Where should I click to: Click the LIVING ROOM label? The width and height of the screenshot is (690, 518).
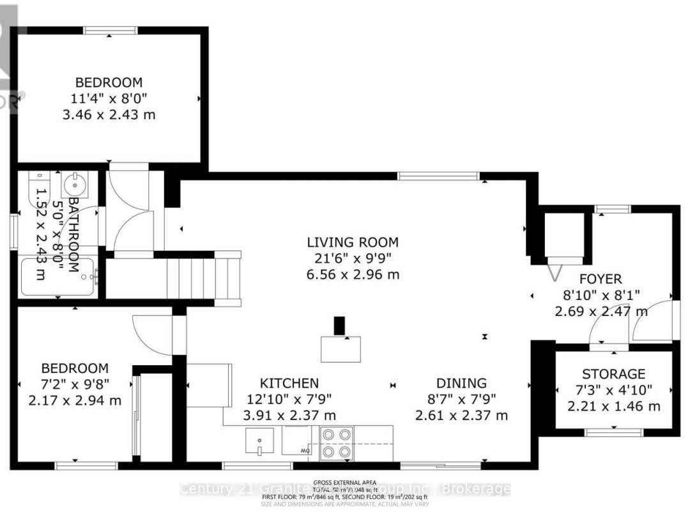click(x=353, y=242)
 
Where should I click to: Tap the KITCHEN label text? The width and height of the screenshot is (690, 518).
click(x=289, y=383)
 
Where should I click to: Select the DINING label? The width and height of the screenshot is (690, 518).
click(x=461, y=383)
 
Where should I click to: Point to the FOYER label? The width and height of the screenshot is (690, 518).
click(x=600, y=279)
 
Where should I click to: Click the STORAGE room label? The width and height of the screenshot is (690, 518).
click(x=613, y=374)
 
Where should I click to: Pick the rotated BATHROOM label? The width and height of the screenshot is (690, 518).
click(x=73, y=234)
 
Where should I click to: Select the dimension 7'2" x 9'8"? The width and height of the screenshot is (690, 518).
click(x=75, y=384)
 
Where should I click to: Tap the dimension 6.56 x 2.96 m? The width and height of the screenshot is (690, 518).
click(x=353, y=275)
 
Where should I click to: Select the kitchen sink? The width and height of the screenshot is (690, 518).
click(x=259, y=441)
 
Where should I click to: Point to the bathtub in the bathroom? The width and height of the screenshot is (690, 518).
click(x=60, y=277)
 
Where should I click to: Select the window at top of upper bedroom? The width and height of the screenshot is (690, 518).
click(x=110, y=30)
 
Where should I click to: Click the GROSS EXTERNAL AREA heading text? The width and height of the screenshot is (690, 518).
click(x=344, y=483)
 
